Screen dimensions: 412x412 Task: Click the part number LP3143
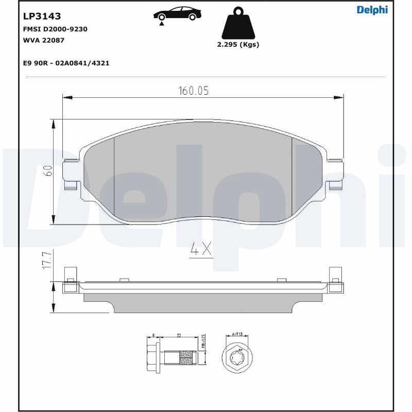42,16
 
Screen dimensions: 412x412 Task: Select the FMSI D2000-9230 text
55,29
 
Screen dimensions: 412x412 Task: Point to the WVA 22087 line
44,40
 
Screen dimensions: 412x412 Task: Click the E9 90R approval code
66,63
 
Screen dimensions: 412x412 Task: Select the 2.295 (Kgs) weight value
238,44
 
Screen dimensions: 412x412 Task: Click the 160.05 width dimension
193,91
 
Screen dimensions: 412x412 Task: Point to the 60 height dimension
47,171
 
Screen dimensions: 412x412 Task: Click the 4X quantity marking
201,250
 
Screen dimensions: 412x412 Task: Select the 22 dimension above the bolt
179,336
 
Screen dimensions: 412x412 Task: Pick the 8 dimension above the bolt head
154,336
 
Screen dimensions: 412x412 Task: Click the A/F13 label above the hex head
237,335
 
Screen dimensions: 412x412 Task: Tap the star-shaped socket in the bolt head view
237,356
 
